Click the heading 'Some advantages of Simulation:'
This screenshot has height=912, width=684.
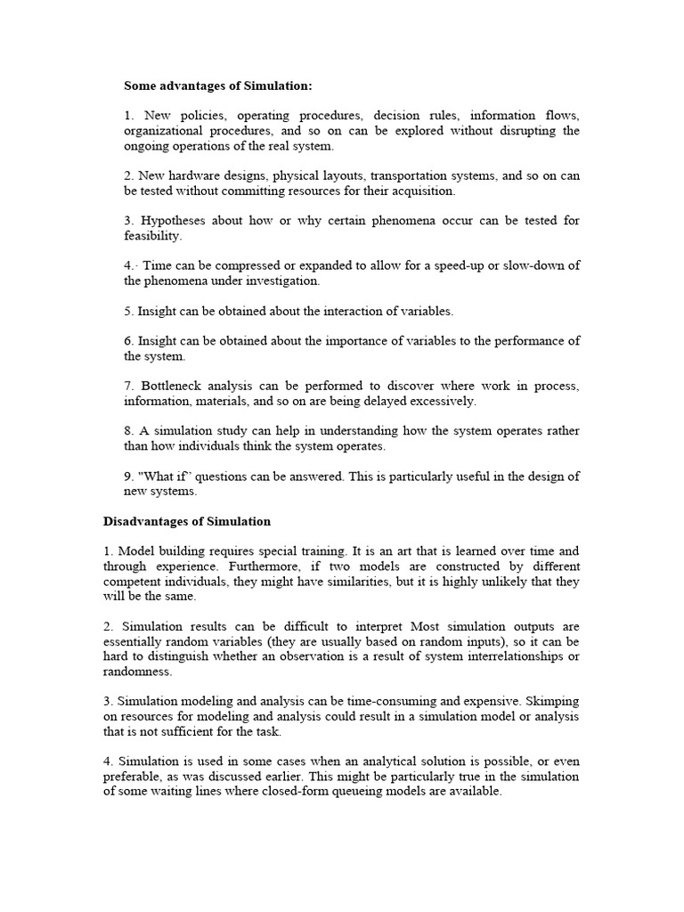click(218, 86)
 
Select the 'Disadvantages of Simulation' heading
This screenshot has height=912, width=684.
click(187, 521)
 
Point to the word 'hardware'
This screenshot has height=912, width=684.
click(196, 175)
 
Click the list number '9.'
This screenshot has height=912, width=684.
click(129, 476)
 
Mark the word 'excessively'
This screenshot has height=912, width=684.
click(441, 401)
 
